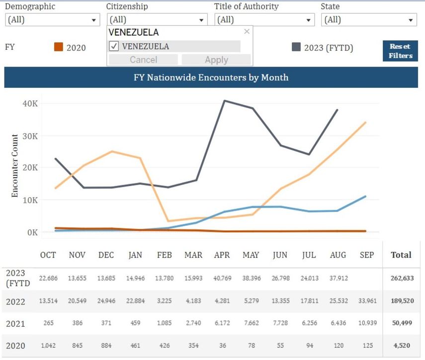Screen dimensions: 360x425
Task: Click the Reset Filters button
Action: coord(400,51)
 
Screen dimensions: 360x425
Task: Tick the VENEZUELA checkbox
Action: coord(113,46)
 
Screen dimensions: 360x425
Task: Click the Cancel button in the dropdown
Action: coord(143,60)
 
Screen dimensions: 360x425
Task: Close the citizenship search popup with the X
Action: coord(247,32)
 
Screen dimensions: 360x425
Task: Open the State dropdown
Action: coord(369,20)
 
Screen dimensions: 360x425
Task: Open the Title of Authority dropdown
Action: coord(264,20)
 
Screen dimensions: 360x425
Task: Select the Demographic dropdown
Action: coord(52,20)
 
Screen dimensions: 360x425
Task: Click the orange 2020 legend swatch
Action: coord(59,47)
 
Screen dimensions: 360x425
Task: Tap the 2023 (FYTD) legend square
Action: coord(296,47)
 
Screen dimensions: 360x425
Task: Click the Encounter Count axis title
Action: coord(15,166)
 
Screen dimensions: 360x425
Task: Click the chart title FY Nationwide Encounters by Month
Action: coord(211,77)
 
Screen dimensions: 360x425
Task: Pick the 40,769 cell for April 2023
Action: coord(222,278)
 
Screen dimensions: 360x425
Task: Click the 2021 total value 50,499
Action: coord(401,324)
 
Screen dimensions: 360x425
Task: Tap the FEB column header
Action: coord(164,255)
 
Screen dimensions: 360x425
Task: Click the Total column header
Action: coord(401,255)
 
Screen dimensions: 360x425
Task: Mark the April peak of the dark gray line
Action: coord(224,101)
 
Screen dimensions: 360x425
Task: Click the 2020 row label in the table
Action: coord(15,346)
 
